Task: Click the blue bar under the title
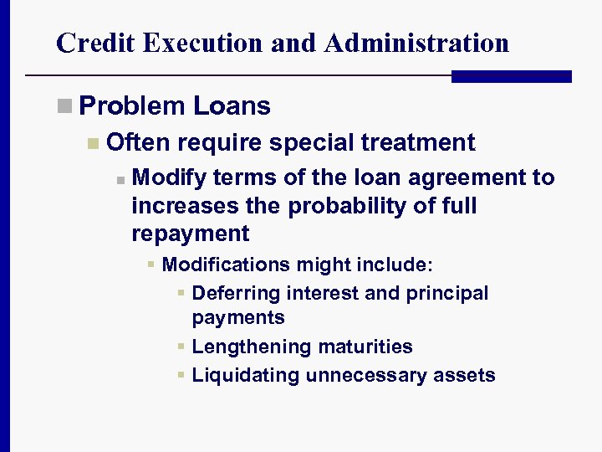click(511, 76)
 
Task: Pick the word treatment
click(418, 143)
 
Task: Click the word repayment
click(190, 233)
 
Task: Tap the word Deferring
click(236, 293)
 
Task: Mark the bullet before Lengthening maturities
click(181, 347)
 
